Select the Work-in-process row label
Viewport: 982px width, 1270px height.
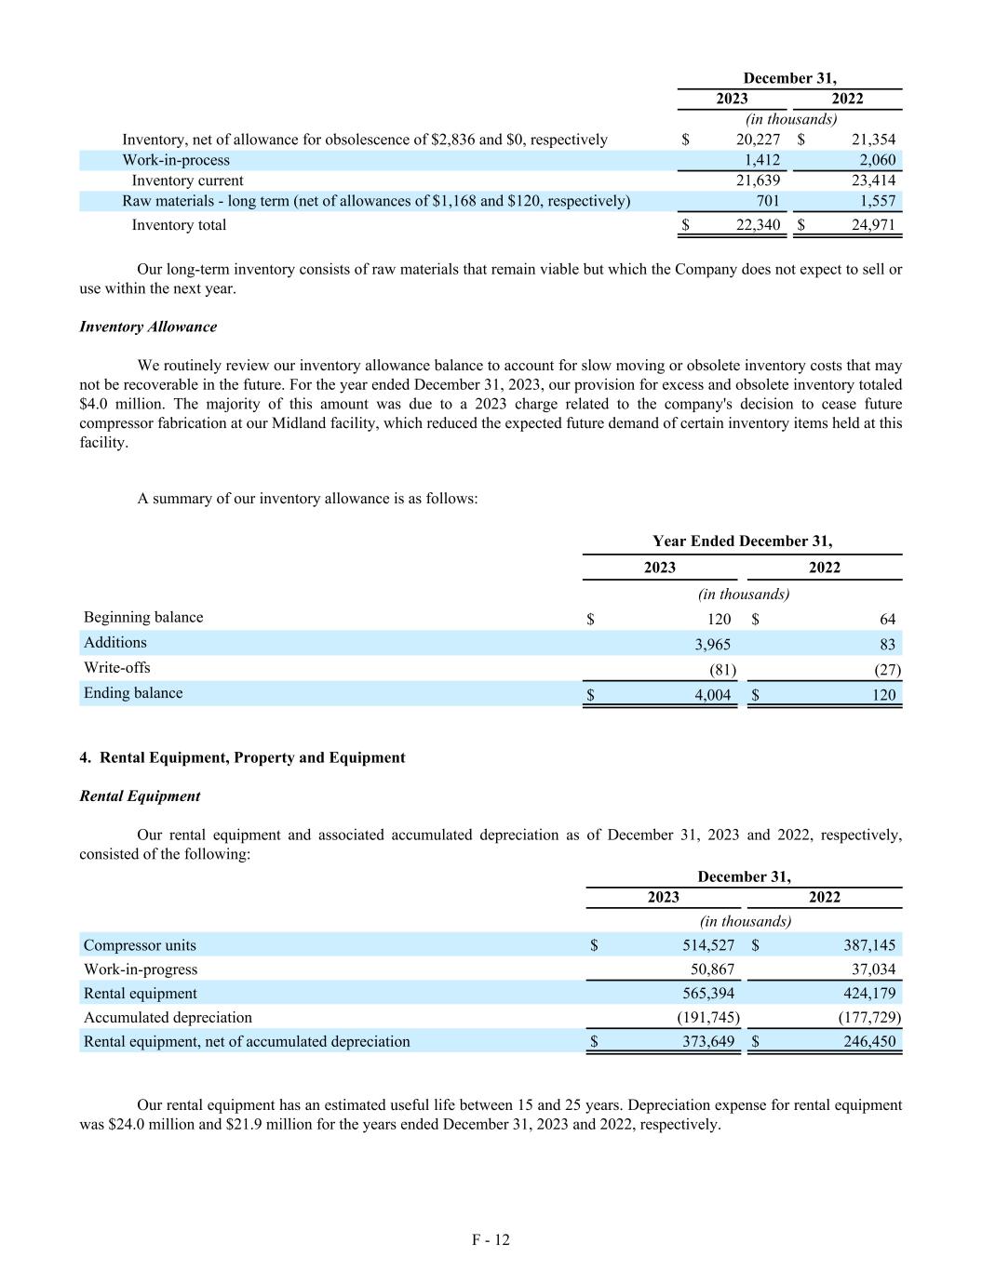click(x=176, y=160)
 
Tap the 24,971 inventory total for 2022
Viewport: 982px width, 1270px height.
click(x=873, y=225)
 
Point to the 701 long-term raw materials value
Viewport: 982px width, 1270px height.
click(x=767, y=201)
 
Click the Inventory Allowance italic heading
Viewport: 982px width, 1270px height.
click(x=148, y=327)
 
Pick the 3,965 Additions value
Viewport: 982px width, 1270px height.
click(x=712, y=644)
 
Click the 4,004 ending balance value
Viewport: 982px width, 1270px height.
click(x=712, y=694)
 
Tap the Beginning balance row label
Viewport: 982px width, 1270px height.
click(x=143, y=618)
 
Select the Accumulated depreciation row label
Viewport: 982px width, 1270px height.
click(x=168, y=1018)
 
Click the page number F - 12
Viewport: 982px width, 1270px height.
click(x=491, y=1239)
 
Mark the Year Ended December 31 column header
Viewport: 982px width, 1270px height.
click(x=742, y=541)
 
